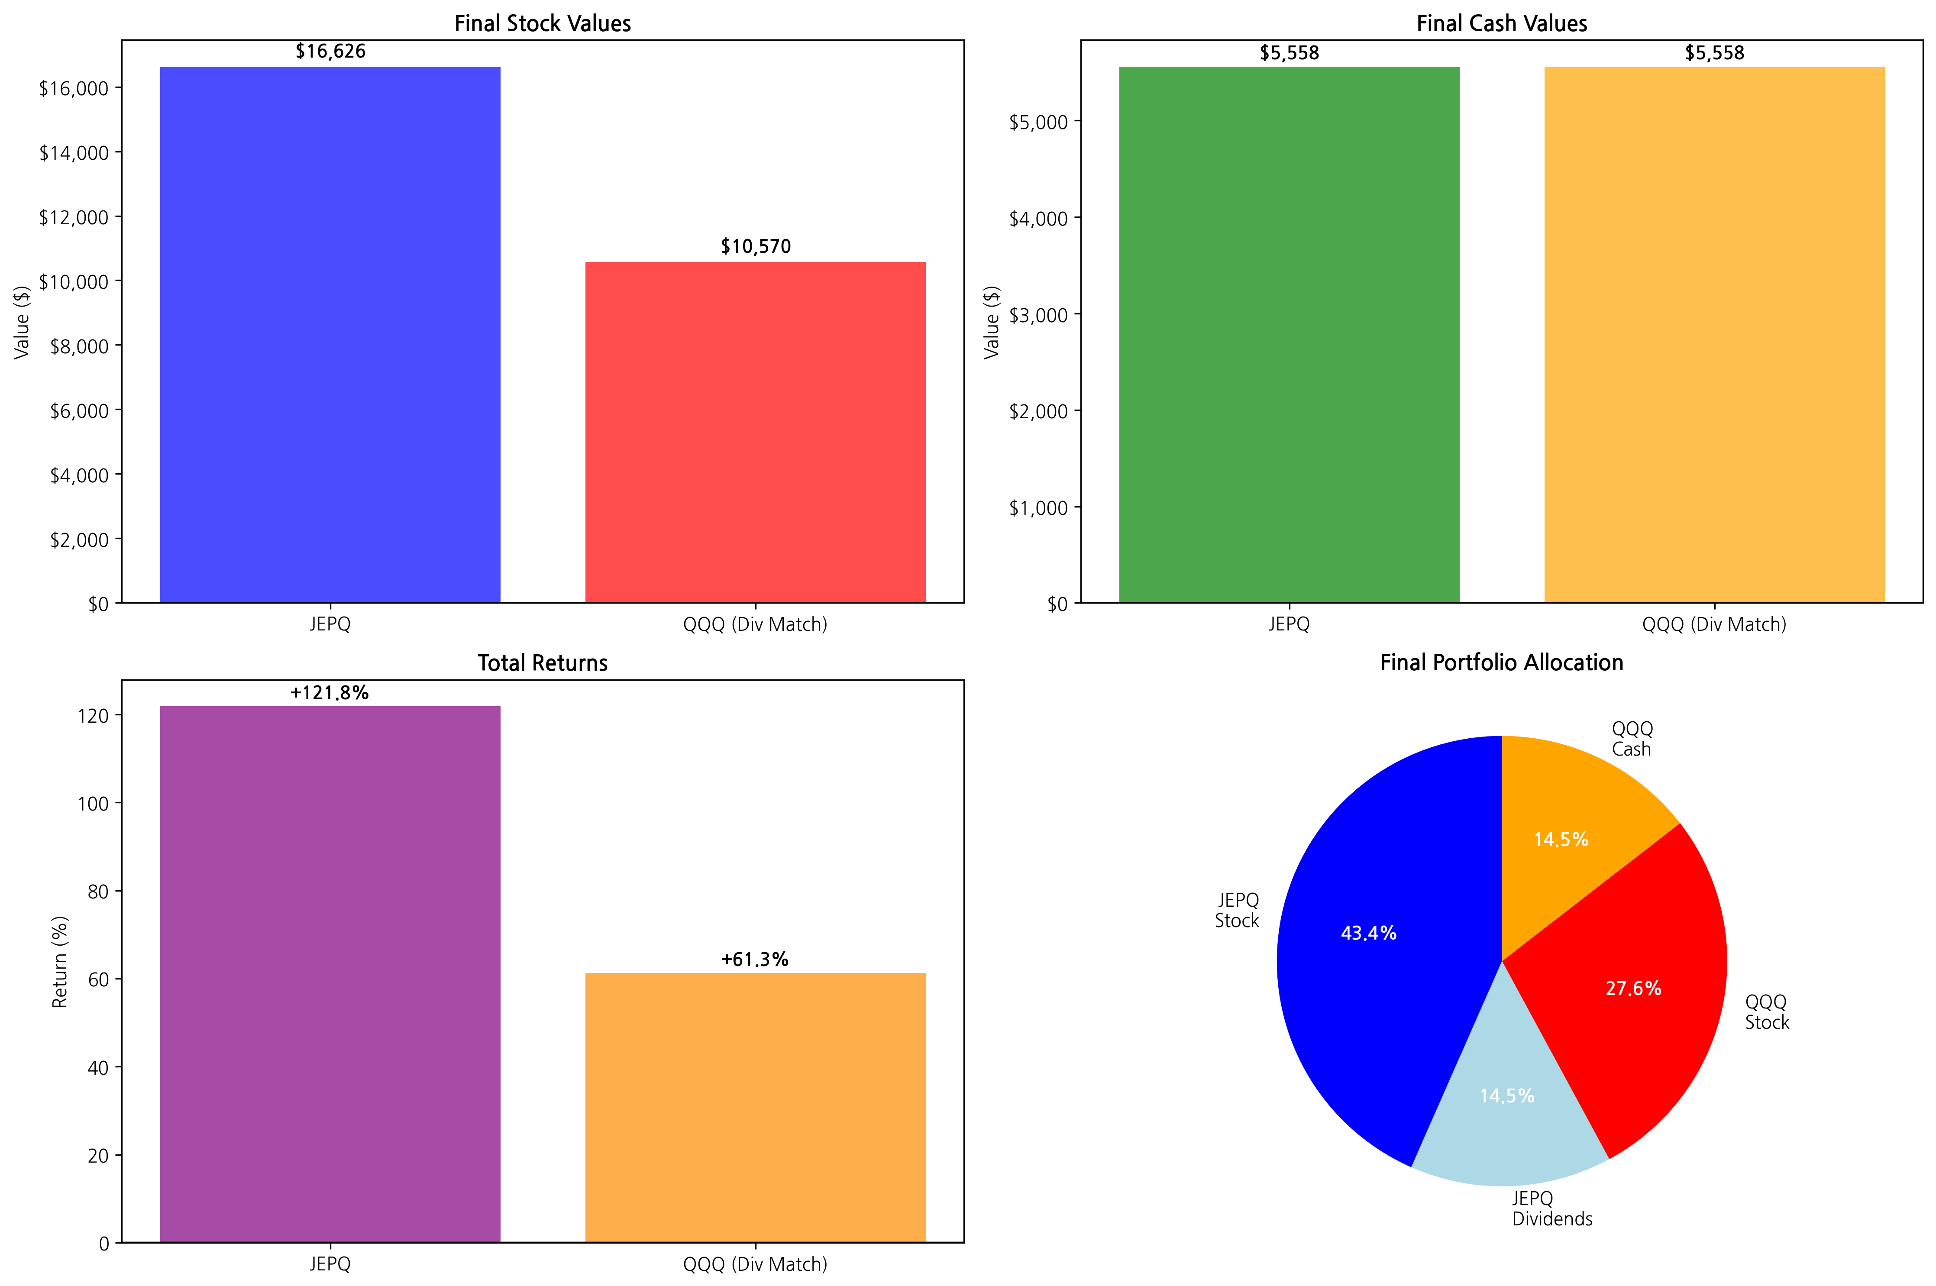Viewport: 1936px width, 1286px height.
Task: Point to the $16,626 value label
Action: pyautogui.click(x=330, y=52)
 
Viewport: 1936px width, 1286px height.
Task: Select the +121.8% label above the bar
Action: pyautogui.click(x=330, y=693)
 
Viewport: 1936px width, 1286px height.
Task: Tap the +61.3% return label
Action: pyautogui.click(x=754, y=960)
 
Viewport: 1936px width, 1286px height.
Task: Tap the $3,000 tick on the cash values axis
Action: pyautogui.click(x=1038, y=315)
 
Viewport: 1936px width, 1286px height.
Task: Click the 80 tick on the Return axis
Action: pyautogui.click(x=97, y=892)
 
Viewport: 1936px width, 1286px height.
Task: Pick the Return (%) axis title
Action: pyautogui.click(x=60, y=961)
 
